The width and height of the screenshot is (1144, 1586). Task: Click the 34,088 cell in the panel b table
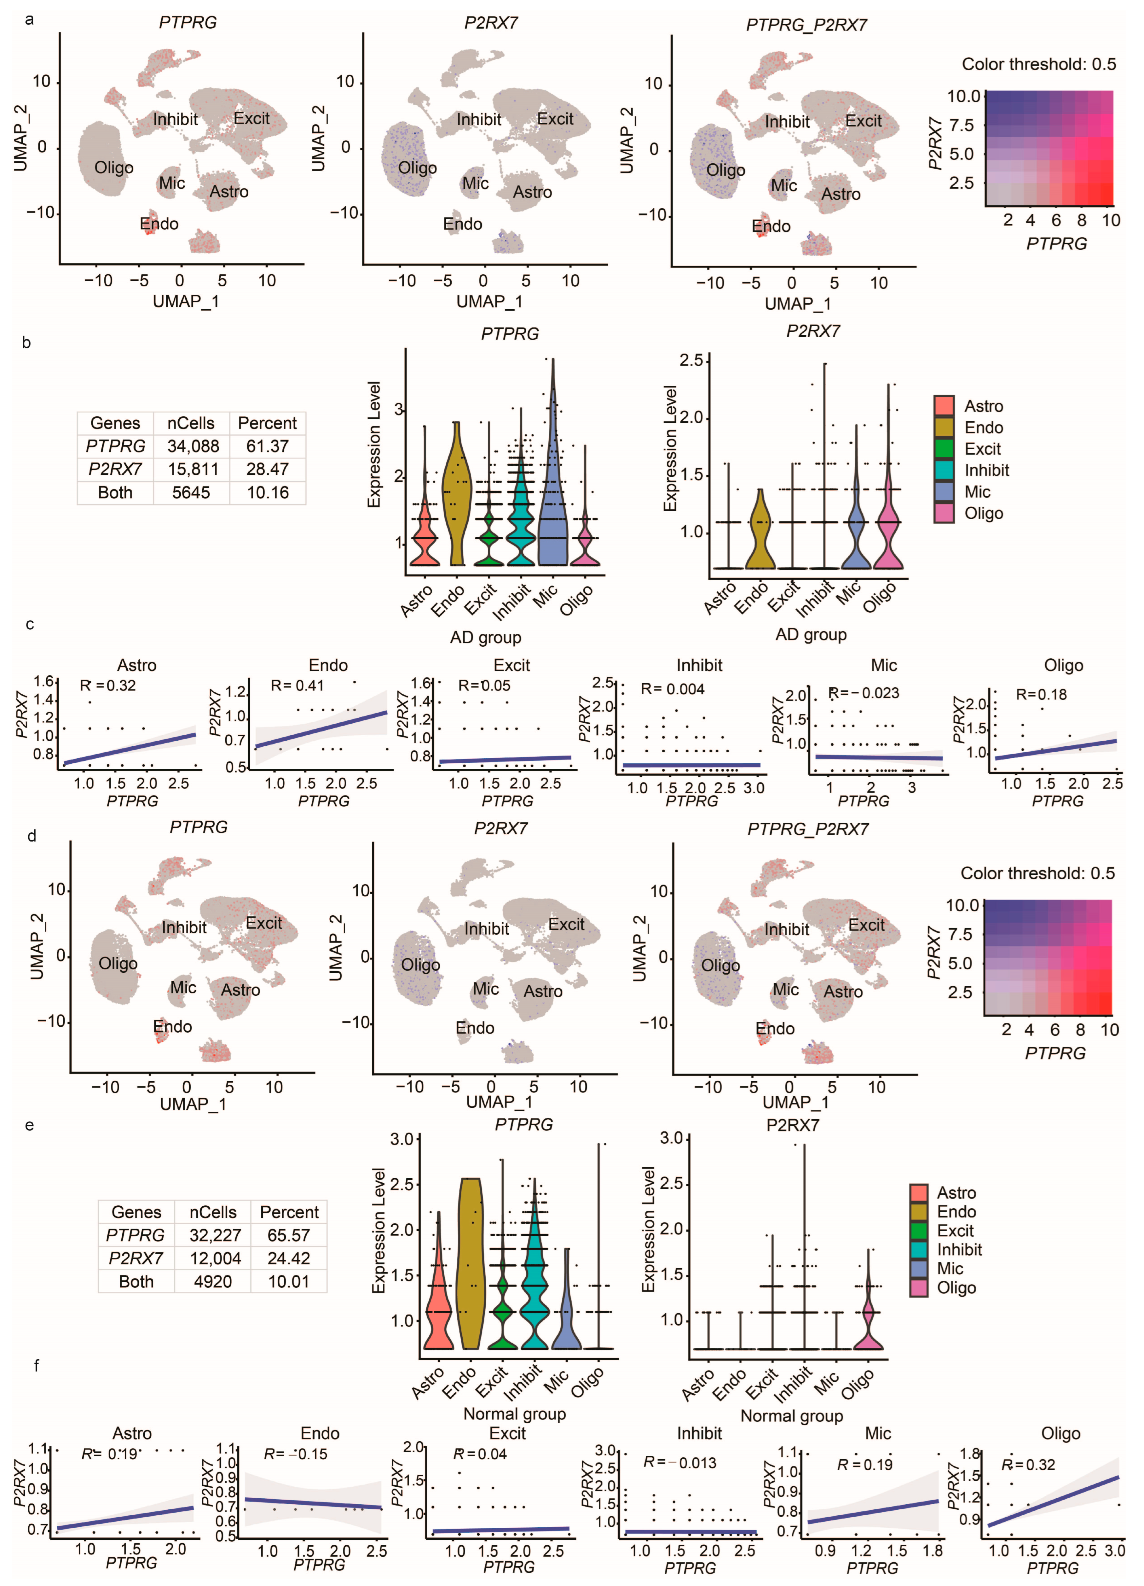193,446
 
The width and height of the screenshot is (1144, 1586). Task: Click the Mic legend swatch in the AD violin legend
944,492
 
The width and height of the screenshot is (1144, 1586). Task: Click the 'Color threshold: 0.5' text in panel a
1038,64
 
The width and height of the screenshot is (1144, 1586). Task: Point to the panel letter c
29,624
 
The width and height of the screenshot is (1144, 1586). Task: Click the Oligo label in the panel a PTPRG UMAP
114,168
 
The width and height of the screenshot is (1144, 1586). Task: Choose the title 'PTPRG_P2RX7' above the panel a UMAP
806,25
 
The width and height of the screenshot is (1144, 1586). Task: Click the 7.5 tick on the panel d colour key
960,934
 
